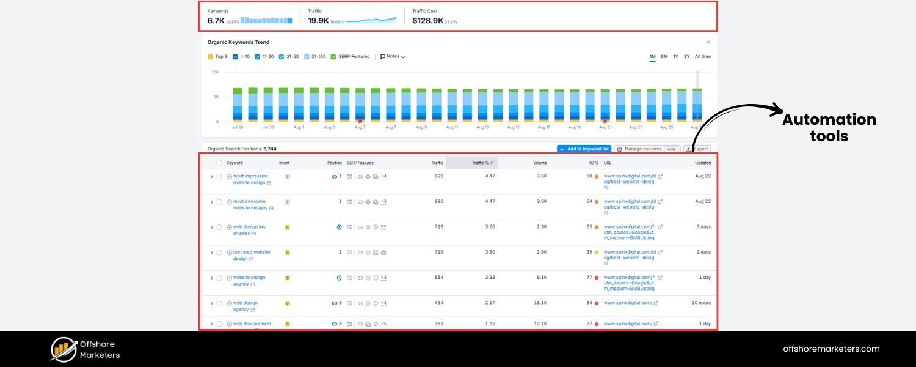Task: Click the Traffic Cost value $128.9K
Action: tap(427, 21)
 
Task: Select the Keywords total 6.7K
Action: tap(216, 21)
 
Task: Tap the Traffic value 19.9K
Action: tap(318, 21)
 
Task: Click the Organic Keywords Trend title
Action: tap(238, 42)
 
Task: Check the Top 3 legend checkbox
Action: tap(211, 57)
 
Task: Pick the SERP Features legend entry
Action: tap(333, 57)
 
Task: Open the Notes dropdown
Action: tap(393, 57)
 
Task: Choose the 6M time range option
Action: tap(664, 57)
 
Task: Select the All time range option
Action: tap(702, 57)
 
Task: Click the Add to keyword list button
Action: tap(584, 149)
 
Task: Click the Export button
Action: tap(697, 149)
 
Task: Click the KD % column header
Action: tap(592, 163)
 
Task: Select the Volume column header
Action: tap(540, 163)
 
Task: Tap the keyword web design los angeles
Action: tap(249, 230)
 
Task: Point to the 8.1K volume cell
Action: tap(542, 277)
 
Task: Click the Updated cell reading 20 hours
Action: tap(701, 303)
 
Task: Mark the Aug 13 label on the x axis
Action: tap(482, 127)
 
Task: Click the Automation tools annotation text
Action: tap(829, 128)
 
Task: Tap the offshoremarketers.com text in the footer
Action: tap(831, 349)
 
